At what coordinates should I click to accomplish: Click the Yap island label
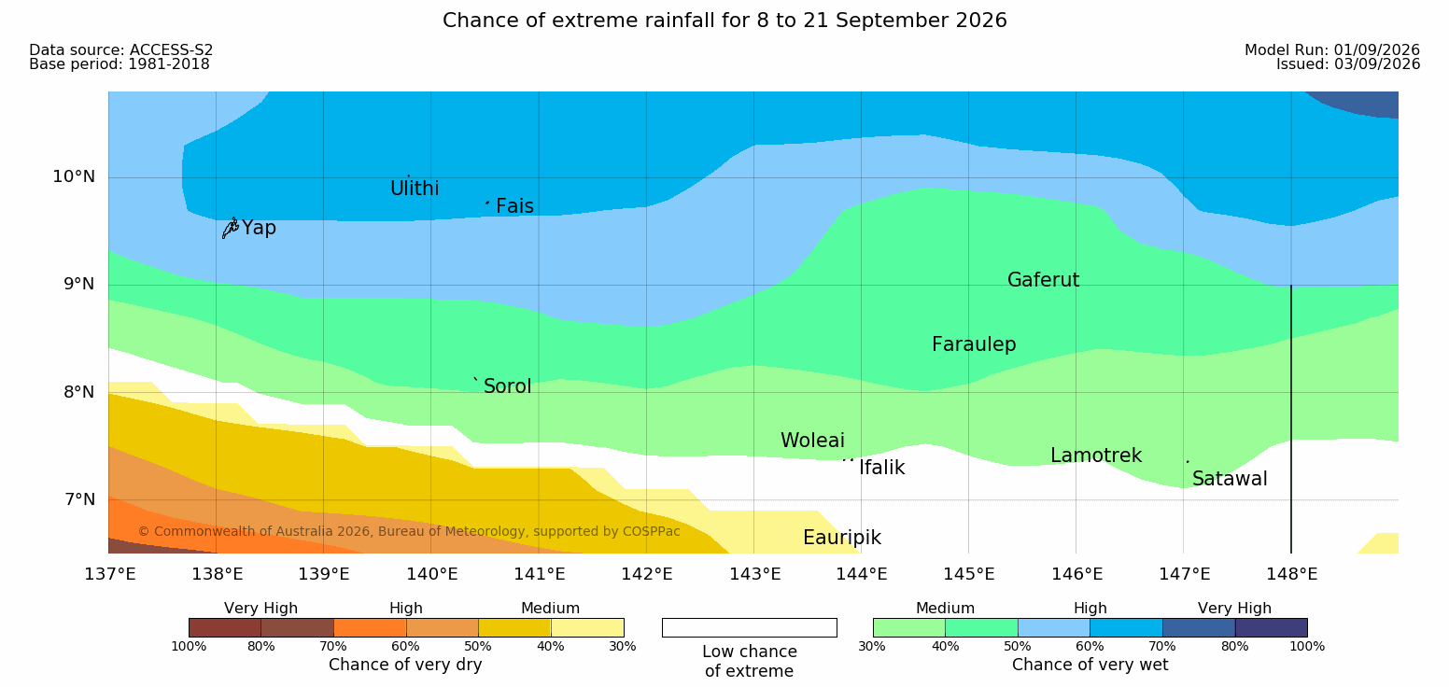259,229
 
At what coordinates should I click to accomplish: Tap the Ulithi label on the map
415,189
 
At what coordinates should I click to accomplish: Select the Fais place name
515,206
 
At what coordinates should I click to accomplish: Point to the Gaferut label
1044,280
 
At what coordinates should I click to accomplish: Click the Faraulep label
974,344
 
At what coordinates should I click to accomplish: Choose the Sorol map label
507,386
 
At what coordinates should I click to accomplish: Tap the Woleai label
812,441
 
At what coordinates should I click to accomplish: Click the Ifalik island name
881,467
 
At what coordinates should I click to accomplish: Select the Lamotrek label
1096,456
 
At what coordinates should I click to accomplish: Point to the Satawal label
1230,479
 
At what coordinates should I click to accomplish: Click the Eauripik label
842,539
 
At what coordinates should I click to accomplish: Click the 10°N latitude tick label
74,176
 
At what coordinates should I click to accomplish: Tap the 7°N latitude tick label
79,499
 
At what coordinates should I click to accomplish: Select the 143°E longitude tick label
755,574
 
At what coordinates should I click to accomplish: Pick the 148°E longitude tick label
1291,574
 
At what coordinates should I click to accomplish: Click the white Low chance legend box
749,627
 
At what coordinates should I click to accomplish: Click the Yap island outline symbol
231,229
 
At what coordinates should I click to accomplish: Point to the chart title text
724,21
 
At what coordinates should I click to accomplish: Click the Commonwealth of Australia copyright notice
409,532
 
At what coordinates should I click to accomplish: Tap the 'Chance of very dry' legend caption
405,665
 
